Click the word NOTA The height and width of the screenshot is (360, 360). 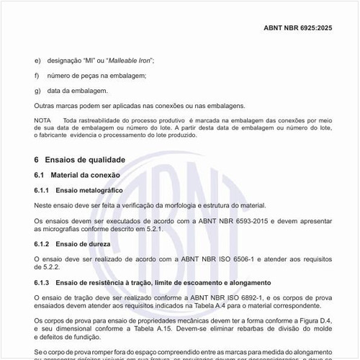[42, 119]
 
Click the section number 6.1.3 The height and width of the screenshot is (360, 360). [44, 283]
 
